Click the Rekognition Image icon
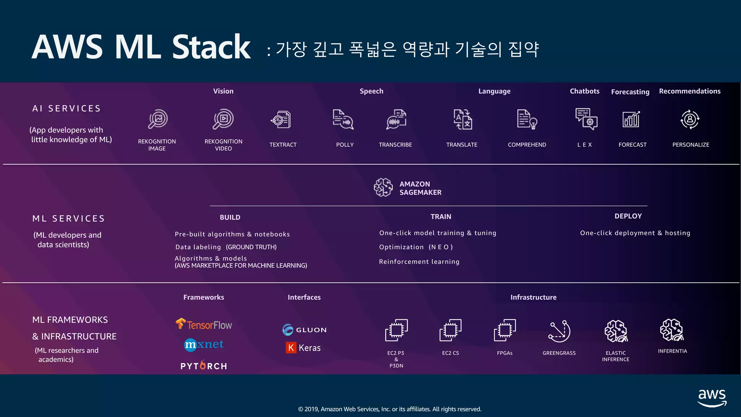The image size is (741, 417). click(158, 119)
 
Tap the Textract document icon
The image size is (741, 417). click(281, 120)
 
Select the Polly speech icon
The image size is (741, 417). click(343, 119)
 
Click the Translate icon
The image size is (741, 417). click(463, 119)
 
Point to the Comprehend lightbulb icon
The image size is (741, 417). click(527, 119)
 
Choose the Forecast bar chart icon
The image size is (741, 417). click(631, 119)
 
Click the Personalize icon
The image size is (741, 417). click(690, 119)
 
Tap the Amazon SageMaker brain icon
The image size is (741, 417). click(383, 188)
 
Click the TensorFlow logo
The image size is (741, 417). click(204, 324)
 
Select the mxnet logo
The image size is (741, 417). click(204, 344)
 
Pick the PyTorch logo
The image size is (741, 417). click(204, 366)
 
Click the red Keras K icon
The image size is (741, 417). click(291, 348)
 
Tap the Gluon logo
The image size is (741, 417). click(304, 330)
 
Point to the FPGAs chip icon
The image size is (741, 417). click(505, 330)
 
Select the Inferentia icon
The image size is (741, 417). click(672, 330)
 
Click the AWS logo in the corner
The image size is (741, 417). click(712, 397)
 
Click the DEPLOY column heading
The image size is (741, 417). click(628, 216)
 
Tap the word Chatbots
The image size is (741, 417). click(584, 91)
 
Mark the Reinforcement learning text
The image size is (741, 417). click(419, 262)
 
